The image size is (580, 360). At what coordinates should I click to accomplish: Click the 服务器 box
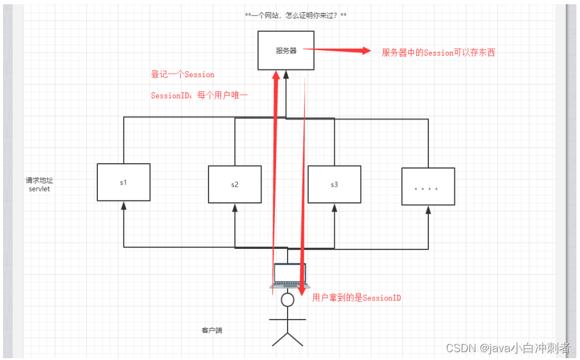tap(286, 51)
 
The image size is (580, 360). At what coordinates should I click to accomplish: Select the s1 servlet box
tap(123, 182)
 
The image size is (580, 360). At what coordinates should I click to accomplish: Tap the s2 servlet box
tap(234, 184)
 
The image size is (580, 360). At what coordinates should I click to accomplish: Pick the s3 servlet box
tap(334, 184)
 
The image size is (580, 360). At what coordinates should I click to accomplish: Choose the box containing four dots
tap(428, 187)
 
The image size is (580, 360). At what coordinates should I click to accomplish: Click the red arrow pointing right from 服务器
tap(342, 51)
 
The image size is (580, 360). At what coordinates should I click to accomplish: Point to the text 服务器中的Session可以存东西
tap(438, 53)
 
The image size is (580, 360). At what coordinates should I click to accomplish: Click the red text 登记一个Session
tap(182, 74)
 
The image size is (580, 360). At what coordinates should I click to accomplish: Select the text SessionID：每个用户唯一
tap(199, 95)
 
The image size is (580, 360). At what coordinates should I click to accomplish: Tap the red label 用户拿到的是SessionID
tap(356, 298)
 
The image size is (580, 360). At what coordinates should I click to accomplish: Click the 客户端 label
tap(211, 330)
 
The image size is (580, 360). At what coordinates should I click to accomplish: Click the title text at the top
tap(295, 15)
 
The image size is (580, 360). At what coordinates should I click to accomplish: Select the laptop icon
tap(289, 275)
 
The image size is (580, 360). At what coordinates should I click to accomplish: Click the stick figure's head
tap(288, 299)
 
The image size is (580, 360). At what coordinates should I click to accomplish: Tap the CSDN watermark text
tap(507, 348)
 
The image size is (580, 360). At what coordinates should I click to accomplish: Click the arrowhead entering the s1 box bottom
tap(123, 206)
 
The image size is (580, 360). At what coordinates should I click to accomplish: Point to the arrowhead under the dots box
tap(428, 210)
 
